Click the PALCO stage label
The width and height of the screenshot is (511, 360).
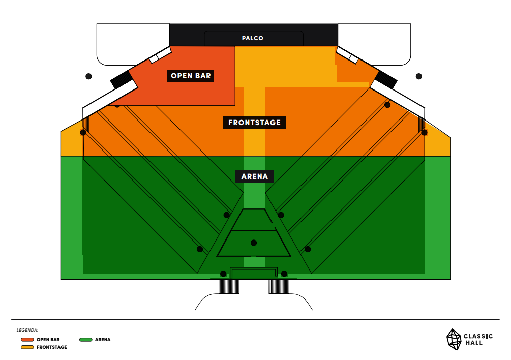point(253,38)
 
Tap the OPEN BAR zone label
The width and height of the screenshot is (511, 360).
point(191,76)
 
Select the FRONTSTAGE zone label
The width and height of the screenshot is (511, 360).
point(254,123)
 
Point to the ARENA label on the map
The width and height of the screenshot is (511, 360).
point(254,176)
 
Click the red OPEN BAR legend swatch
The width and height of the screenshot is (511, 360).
point(27,339)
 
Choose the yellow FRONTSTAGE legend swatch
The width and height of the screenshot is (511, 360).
point(27,347)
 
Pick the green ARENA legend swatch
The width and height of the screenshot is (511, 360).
point(86,339)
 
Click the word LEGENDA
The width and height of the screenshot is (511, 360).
point(27,330)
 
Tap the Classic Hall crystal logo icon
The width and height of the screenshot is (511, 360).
point(454,339)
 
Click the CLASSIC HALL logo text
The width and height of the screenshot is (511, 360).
point(478,339)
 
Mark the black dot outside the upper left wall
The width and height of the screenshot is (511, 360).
point(88,76)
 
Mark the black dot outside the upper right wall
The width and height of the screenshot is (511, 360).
point(419,76)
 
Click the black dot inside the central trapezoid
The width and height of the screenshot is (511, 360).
point(254,243)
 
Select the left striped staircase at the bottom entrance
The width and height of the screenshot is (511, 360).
point(228,287)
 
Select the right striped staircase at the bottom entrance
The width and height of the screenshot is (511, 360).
point(279,287)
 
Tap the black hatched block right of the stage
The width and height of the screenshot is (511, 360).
point(387,79)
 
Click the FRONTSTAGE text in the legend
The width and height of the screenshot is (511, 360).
point(51,347)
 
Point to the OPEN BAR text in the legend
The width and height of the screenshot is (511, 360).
point(48,339)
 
